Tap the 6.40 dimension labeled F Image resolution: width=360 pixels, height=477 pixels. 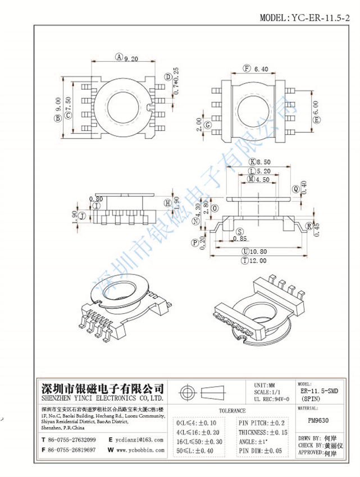[x=261, y=69]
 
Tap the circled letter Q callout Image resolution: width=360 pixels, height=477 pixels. [x=295, y=189]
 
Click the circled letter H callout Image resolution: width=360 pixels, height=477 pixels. [x=167, y=203]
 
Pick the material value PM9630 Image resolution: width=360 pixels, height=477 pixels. [x=319, y=419]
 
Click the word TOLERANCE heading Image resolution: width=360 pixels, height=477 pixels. [x=232, y=411]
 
